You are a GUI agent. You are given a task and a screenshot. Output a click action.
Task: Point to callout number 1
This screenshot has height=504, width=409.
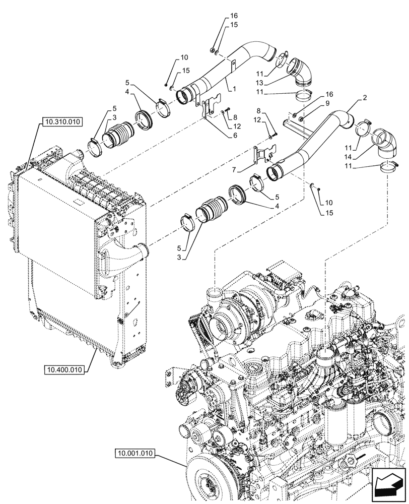pyautogui.click(x=235, y=89)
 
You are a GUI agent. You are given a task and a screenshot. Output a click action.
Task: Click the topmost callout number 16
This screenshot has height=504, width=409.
pyautogui.click(x=220, y=16)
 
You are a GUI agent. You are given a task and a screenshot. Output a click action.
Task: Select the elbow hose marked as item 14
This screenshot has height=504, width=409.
pyautogui.click(x=384, y=143)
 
